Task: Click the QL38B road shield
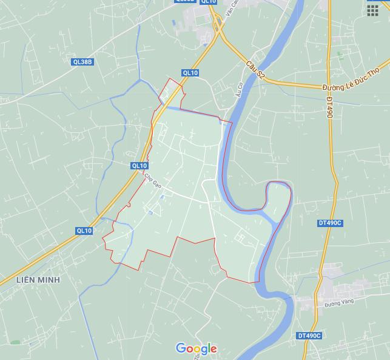[x=82, y=62]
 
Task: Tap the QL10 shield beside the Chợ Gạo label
[x=139, y=166]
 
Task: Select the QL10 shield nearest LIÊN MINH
[x=84, y=231]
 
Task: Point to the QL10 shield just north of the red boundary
[x=190, y=73]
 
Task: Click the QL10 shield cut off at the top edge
[x=208, y=2]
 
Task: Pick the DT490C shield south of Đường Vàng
[x=309, y=336]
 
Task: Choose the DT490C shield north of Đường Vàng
[x=331, y=223]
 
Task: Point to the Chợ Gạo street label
[x=153, y=180]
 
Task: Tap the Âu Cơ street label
[x=238, y=90]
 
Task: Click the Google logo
[x=196, y=348]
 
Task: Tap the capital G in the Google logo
[x=181, y=348]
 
